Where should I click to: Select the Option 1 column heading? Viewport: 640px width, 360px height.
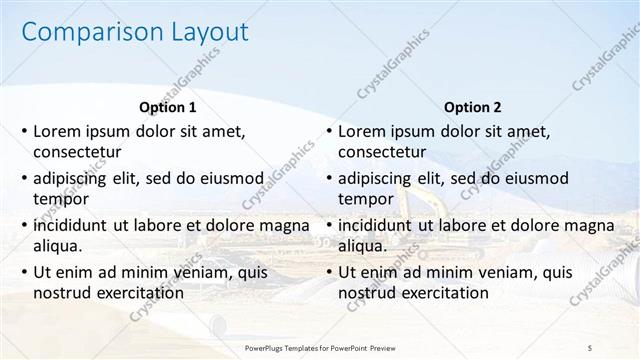click(x=166, y=107)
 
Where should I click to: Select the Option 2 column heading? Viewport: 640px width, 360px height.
click(x=473, y=107)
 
